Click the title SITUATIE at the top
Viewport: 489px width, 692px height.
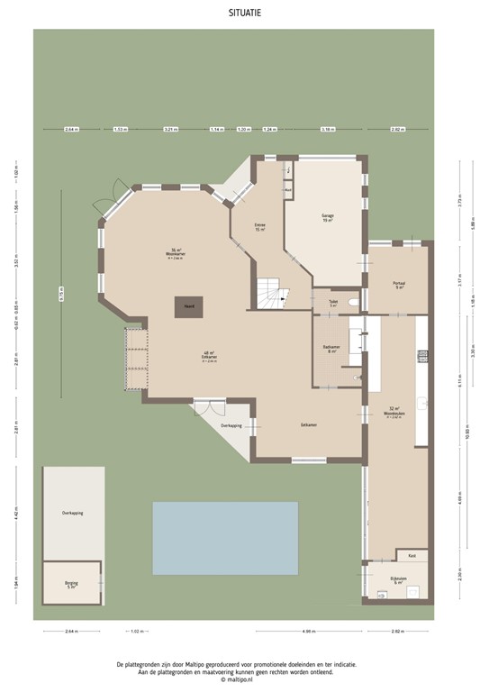[x=244, y=14]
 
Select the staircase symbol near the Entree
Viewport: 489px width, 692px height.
[x=271, y=293]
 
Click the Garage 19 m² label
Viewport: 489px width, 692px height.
[x=328, y=218]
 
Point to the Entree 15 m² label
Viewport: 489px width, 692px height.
[x=260, y=227]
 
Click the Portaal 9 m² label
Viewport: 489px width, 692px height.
[x=399, y=285]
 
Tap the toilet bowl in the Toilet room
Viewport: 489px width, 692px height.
[x=353, y=303]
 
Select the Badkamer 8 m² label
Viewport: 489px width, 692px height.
[x=331, y=350]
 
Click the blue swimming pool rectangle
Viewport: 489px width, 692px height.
[x=225, y=538]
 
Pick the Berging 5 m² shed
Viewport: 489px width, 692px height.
[x=71, y=584]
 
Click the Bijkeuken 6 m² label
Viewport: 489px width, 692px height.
[x=399, y=581]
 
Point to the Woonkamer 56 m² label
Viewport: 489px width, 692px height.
[x=177, y=252]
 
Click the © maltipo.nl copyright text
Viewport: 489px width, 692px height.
[x=244, y=680]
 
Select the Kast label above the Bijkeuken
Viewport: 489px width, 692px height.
[x=412, y=555]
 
